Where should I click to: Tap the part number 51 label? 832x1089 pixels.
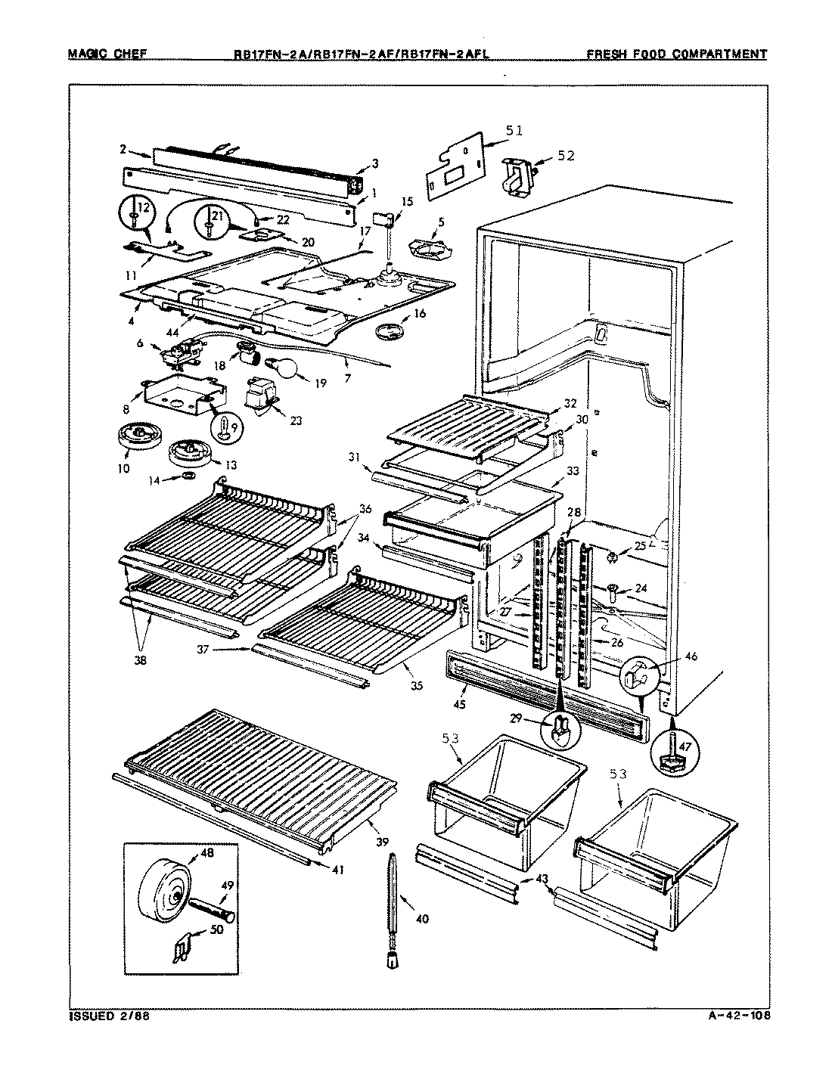[514, 131]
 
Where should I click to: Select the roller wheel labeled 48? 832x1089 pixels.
[162, 893]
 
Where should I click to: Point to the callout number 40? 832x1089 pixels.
[422, 919]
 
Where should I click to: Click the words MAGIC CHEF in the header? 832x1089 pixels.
[107, 54]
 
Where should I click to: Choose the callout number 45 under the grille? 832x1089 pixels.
[460, 705]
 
